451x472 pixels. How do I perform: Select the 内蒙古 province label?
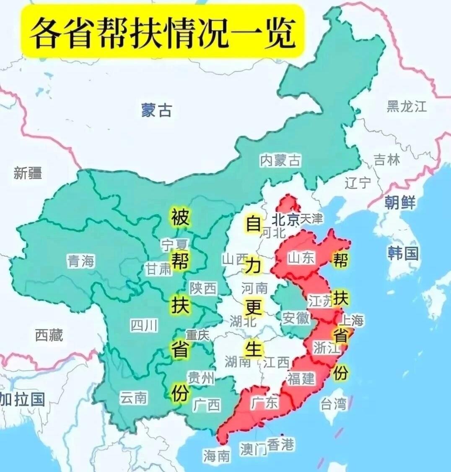280,161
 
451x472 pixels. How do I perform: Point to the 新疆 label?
28,173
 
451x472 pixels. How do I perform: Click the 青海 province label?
81,262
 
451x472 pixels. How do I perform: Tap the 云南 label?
133,397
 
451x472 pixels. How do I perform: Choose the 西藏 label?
49,335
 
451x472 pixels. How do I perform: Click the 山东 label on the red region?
301,258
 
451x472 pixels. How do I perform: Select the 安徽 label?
296,318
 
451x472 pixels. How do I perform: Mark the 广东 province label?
264,403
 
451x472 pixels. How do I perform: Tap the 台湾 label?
334,404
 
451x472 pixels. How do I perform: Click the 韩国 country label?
403,253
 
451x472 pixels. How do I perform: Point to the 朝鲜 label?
400,202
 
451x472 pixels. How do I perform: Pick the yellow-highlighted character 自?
253,223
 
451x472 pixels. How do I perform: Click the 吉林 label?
386,160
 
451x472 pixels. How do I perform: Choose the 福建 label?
301,379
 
